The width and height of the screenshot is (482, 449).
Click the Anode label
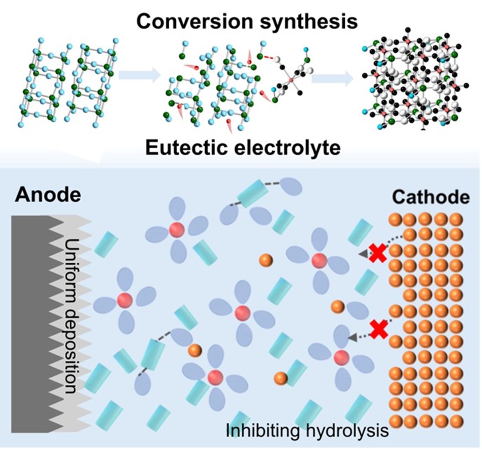[x=48, y=195]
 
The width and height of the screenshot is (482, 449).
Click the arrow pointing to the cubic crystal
[x=332, y=79]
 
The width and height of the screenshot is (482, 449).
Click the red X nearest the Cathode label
[x=377, y=253]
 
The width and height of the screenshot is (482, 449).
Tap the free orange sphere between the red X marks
[x=338, y=307]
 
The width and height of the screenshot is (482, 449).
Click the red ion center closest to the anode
[x=125, y=300]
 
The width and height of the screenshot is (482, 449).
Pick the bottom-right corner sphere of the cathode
[x=456, y=421]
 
